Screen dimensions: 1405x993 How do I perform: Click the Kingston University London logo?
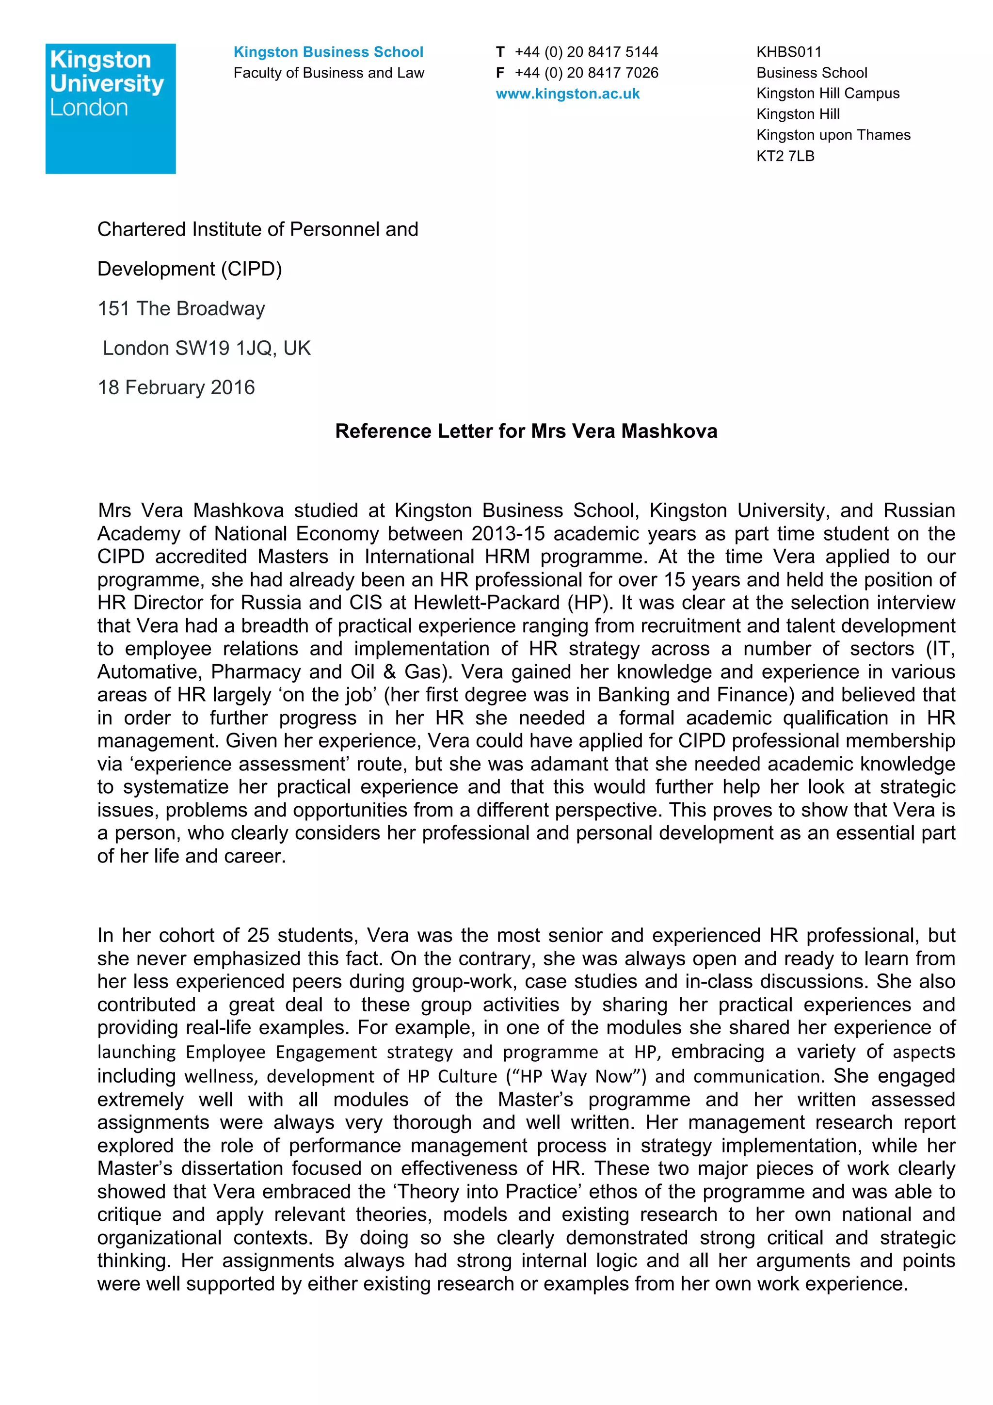(110, 108)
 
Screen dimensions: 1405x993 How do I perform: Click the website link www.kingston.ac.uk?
(567, 94)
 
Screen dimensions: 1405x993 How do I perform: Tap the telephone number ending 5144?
(586, 52)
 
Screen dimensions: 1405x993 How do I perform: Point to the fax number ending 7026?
(586, 73)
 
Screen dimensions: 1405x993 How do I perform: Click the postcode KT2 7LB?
(785, 156)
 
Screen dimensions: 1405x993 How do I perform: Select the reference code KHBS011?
(789, 52)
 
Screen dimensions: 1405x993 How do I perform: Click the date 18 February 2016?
(176, 387)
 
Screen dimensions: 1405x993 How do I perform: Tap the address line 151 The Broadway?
(181, 308)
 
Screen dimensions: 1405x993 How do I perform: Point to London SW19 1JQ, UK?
(207, 348)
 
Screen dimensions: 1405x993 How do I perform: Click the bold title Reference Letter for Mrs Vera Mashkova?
(526, 431)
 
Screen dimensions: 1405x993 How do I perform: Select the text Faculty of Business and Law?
(329, 73)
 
